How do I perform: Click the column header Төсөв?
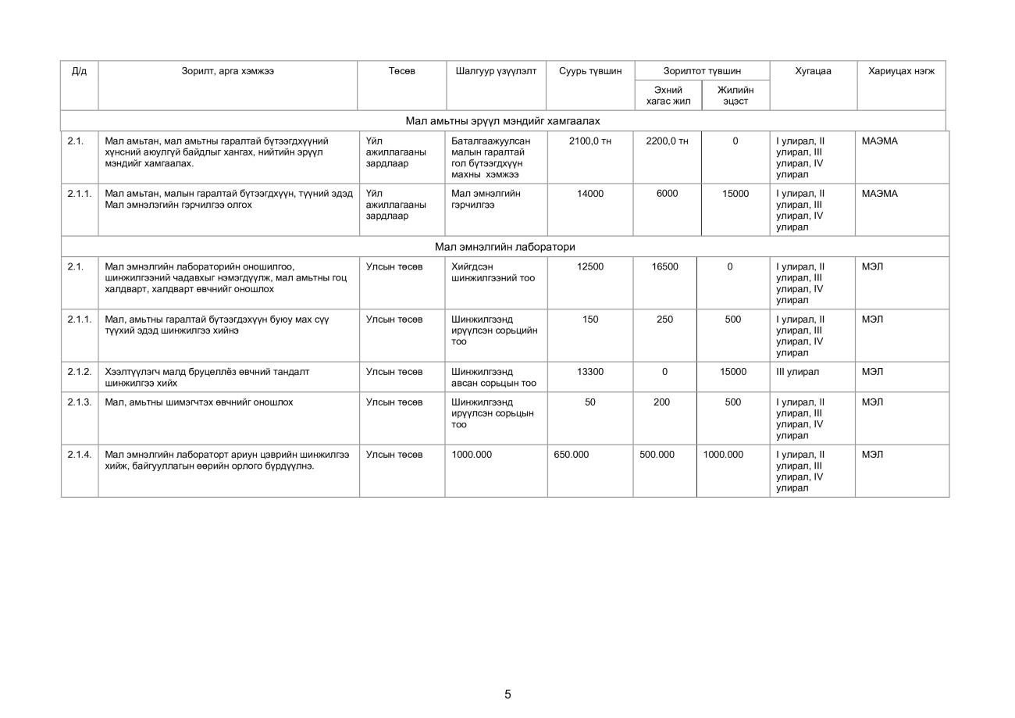tap(401, 71)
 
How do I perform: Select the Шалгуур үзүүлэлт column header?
tap(496, 71)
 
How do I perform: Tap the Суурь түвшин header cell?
tap(590, 71)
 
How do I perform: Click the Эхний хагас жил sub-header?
tap(668, 95)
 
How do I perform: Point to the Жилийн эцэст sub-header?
tap(735, 95)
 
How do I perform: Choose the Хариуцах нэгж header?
tap(901, 71)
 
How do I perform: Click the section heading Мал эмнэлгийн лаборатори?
tap(504, 247)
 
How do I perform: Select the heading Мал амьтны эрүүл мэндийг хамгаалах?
tap(503, 121)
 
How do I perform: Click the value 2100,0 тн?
tap(590, 141)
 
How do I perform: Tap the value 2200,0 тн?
tap(667, 141)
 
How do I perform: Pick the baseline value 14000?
tap(590, 194)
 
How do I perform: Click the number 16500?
tap(664, 267)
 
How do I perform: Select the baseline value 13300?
tap(590, 372)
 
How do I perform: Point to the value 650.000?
tap(572, 455)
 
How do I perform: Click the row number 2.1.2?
tap(79, 372)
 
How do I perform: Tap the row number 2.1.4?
tap(79, 455)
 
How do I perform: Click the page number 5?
tap(507, 694)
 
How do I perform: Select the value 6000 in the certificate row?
tap(667, 194)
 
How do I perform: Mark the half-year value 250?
tap(664, 320)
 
